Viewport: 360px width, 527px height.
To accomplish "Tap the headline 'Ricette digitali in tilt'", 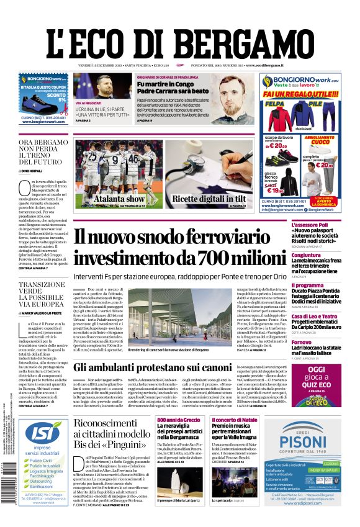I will (209, 199).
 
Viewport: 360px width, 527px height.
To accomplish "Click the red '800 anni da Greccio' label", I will (178, 420).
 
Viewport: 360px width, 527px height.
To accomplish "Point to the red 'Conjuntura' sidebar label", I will (306, 255).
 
